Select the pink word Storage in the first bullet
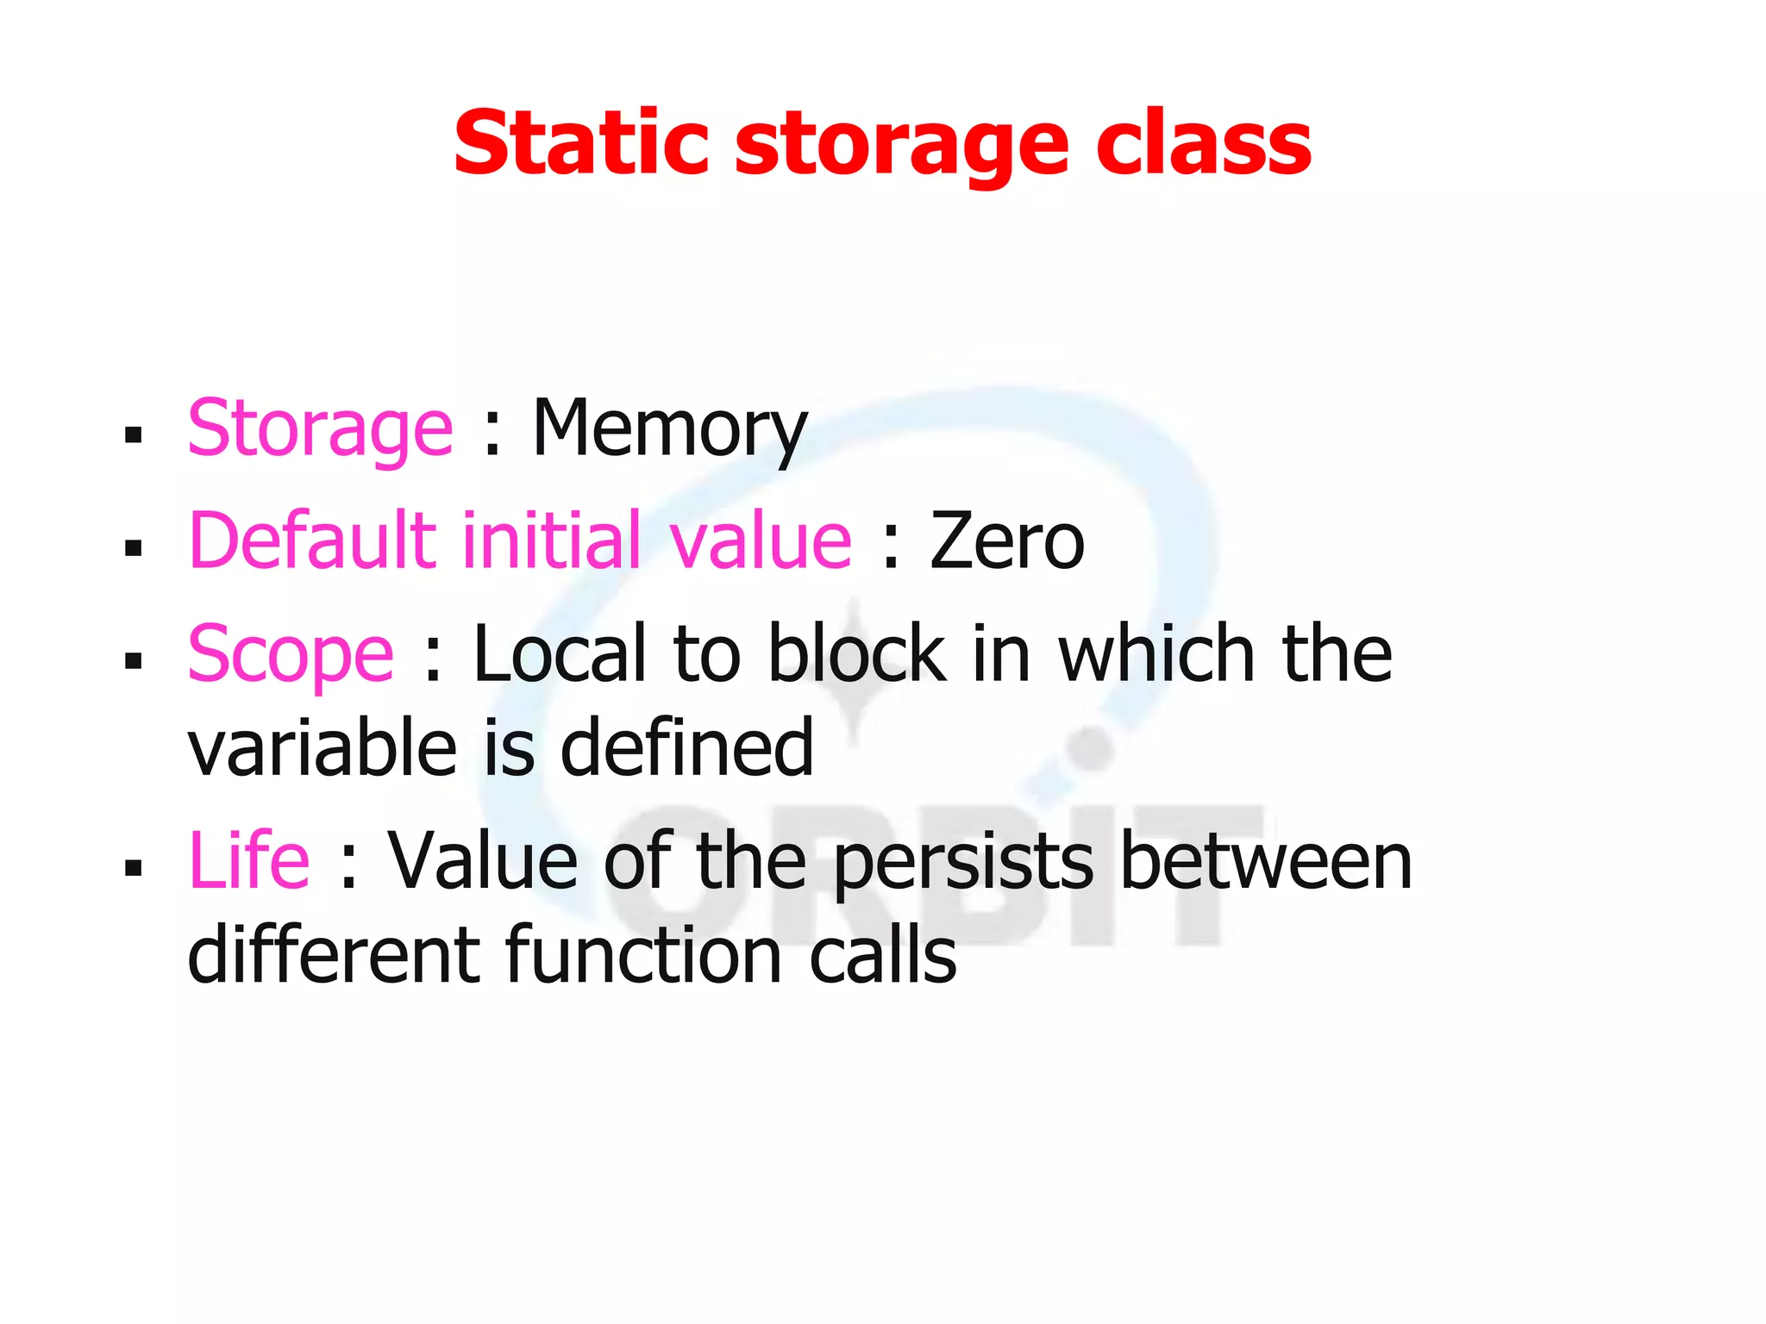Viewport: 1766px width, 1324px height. coord(320,428)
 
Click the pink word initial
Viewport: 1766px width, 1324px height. coord(552,540)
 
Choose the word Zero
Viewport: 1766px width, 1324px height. coord(1006,542)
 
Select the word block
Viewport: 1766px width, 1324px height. coord(857,653)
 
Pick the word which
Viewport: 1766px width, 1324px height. coord(1156,653)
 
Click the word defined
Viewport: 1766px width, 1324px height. coord(686,747)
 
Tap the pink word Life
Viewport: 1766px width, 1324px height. coord(248,859)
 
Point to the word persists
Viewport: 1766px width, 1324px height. coord(963,861)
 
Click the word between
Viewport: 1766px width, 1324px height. coord(1266,861)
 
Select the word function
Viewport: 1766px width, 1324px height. coord(642,955)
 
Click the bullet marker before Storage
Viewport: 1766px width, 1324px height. coord(133,434)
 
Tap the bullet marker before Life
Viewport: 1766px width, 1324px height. coord(133,867)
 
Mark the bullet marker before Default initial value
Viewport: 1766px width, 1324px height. coord(133,548)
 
